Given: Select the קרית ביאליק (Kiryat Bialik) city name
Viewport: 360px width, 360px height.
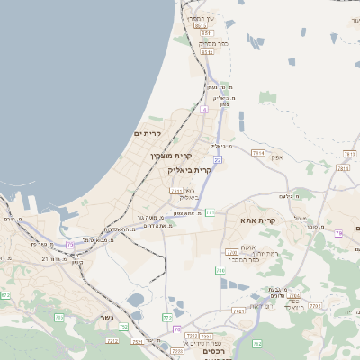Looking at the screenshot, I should (193, 169).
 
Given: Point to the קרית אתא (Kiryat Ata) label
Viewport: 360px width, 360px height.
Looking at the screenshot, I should (257, 220).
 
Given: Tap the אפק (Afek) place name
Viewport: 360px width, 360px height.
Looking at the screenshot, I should (276, 157).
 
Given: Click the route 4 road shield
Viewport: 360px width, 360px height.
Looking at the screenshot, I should (204, 109).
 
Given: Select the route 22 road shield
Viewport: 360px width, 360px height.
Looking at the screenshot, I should (217, 159).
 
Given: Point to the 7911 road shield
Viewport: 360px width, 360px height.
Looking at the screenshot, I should (176, 191).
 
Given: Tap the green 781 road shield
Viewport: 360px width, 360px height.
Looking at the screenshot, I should (210, 212).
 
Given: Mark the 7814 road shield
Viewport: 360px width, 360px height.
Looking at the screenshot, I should (258, 153).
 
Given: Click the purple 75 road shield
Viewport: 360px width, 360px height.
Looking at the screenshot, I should (70, 244).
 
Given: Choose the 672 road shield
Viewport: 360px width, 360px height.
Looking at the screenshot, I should (5, 295).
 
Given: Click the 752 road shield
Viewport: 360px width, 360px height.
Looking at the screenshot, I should (256, 343).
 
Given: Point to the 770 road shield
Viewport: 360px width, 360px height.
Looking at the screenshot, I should (231, 251).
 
